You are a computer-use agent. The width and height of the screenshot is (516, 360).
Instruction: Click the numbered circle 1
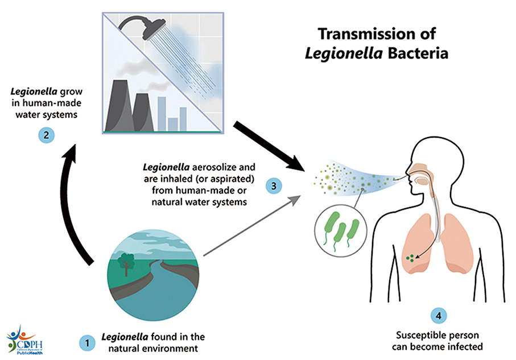pyautogui.click(x=86, y=343)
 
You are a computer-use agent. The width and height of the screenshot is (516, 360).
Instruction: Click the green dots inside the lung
pyautogui.click(x=410, y=259)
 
